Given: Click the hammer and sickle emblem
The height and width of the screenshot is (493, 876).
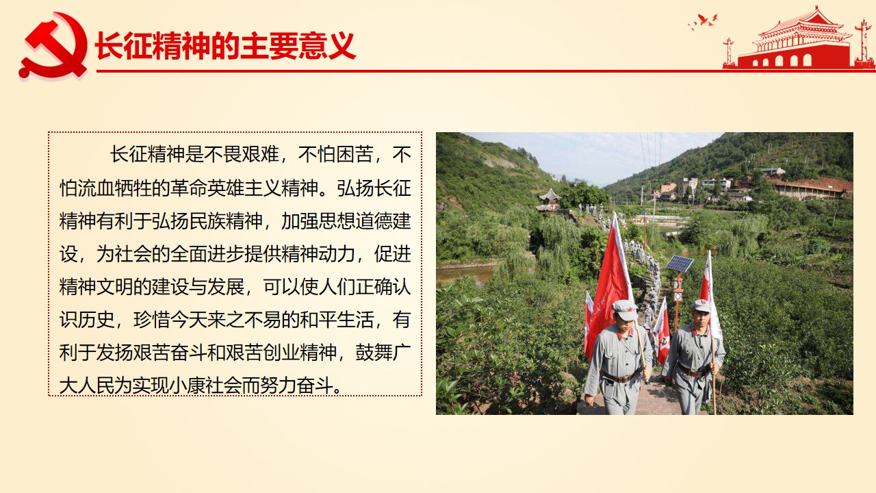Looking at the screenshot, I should (53, 46).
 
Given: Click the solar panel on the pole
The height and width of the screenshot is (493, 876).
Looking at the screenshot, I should (679, 264).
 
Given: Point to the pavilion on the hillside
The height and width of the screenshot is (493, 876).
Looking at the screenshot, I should (549, 201).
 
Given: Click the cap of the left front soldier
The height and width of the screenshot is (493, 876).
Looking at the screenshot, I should (624, 309).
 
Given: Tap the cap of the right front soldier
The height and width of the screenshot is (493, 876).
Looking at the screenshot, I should (701, 305).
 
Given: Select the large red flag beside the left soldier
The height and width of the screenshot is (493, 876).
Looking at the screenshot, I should (608, 281).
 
